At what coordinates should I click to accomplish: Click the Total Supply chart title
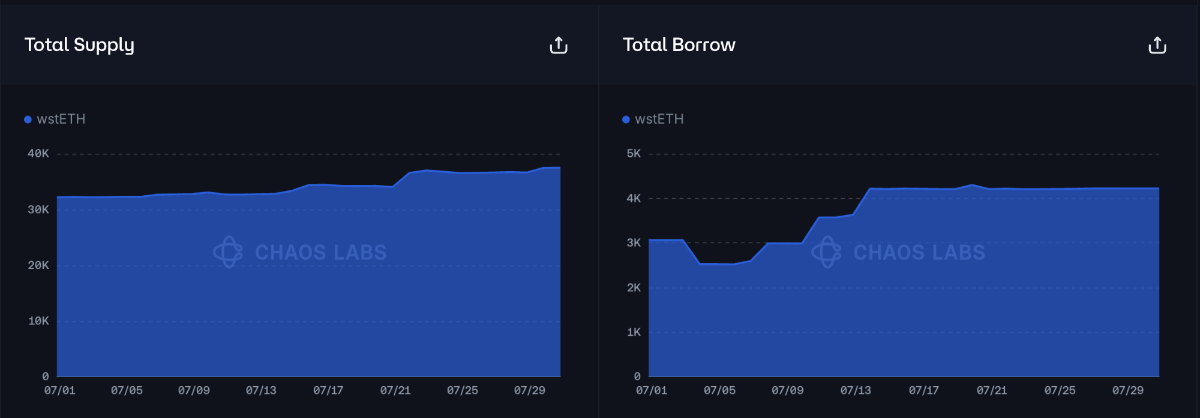pos(79,45)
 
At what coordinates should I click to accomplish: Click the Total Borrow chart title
pos(679,45)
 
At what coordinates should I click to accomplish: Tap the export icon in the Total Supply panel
pos(559,46)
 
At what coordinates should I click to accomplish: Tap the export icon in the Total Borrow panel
pos(1157,46)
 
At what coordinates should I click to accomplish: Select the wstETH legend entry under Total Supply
pos(55,119)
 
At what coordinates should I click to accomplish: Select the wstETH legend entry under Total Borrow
pos(653,119)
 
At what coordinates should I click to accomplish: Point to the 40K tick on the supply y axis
pos(38,154)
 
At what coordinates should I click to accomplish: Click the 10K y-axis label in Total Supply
pos(38,321)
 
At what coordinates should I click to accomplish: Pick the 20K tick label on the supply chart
pos(38,265)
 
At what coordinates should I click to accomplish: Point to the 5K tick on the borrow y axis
pos(634,154)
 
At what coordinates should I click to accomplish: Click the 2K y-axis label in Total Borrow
pos(634,288)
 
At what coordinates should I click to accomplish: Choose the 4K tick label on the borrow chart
pos(634,198)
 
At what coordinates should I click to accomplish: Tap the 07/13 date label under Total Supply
pos(261,390)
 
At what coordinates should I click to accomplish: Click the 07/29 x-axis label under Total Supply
pos(529,390)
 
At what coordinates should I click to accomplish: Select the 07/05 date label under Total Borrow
pos(719,390)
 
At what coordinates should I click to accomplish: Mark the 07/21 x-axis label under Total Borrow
pos(992,390)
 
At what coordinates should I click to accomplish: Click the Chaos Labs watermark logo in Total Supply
pos(228,252)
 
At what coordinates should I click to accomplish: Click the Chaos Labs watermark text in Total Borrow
pos(919,252)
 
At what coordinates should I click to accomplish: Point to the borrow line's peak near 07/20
pos(972,185)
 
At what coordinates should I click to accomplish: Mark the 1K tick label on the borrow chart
pos(634,332)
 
